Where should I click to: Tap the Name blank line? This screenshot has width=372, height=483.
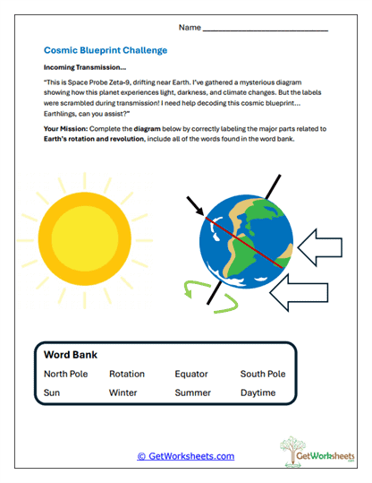tap(266, 30)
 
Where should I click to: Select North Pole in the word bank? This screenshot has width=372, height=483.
tap(65, 374)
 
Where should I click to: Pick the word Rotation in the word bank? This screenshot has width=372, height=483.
tap(127, 374)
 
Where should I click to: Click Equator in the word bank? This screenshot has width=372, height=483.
tap(191, 374)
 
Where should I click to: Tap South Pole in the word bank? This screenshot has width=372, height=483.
tap(263, 374)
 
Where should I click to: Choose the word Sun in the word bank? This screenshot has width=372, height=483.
tap(51, 392)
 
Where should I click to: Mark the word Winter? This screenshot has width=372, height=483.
tap(123, 392)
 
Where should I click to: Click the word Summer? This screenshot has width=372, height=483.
tap(193, 392)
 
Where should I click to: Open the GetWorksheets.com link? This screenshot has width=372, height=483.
tap(185, 456)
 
